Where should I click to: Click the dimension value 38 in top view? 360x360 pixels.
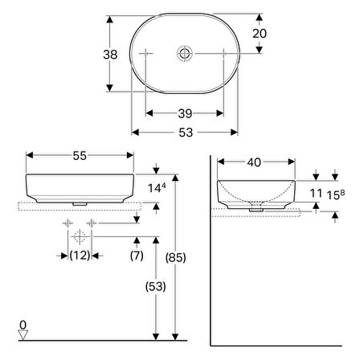tap(97, 55)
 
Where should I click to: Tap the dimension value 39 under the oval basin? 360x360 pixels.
tap(185, 112)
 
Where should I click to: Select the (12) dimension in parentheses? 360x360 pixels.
tap(78, 256)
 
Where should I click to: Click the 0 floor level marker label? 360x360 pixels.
tap(24, 324)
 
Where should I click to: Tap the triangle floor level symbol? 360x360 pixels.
tap(24, 335)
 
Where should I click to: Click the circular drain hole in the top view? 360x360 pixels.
tap(186, 53)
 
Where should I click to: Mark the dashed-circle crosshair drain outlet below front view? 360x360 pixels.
tap(79, 236)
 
